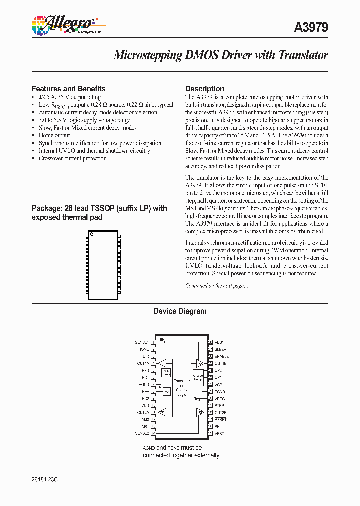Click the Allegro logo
63,24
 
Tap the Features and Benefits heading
68,89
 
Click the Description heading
204,89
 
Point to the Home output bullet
54,135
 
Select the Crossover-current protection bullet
72,158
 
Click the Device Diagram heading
180,311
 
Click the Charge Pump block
198,378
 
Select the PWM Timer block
166,372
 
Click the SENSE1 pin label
142,342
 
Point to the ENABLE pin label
221,356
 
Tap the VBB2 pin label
219,433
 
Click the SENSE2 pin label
142,433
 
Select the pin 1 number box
152,342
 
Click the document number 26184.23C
45,479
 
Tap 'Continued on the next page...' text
216,286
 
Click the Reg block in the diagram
196,399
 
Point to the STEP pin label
219,405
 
